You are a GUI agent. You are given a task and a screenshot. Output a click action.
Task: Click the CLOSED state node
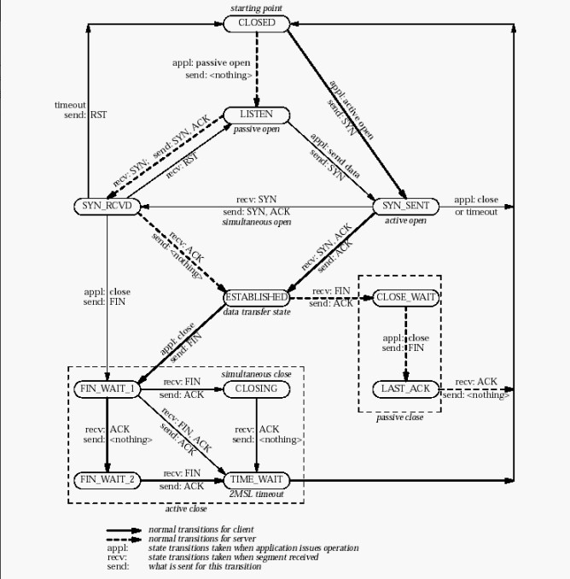[x=257, y=24]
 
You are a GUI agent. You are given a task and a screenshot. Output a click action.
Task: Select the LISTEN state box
[x=257, y=114]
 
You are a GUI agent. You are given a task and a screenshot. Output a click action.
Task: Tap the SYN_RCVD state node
[x=107, y=206]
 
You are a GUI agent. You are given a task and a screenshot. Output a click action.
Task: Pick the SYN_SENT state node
[x=406, y=206]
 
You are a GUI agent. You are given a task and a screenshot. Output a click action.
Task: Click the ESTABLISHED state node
[x=257, y=298]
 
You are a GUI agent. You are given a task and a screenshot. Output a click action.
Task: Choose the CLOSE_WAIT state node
[x=406, y=298]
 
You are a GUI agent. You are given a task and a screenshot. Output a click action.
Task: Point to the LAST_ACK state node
[x=406, y=389]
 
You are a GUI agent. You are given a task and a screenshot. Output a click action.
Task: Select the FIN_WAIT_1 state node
[x=107, y=389]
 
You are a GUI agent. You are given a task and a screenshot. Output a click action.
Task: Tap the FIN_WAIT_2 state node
[x=107, y=480]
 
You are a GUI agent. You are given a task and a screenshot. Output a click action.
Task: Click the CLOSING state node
[x=257, y=389]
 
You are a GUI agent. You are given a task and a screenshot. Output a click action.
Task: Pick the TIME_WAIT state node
[x=257, y=480]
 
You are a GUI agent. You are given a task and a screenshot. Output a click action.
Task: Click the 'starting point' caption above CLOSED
[x=256, y=9]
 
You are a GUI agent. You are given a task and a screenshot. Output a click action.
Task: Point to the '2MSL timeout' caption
[x=256, y=494]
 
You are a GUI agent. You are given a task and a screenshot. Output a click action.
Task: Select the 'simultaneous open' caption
[x=256, y=222]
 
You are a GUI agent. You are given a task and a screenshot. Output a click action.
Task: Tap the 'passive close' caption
[x=400, y=418]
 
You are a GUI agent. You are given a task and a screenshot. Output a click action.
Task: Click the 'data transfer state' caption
[x=257, y=312]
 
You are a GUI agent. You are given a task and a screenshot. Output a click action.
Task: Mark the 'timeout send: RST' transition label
[x=81, y=109]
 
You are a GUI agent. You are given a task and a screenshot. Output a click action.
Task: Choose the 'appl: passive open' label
[x=212, y=63]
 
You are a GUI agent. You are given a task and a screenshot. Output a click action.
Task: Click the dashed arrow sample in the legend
[x=124, y=540]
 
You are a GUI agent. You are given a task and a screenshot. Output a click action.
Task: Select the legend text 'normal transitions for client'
[x=201, y=529]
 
